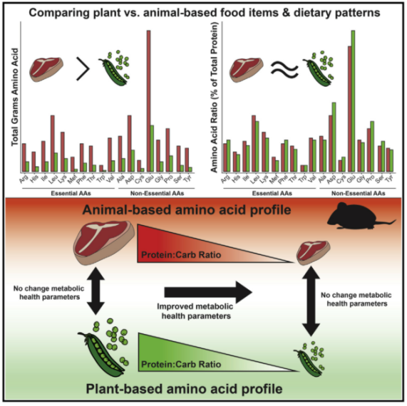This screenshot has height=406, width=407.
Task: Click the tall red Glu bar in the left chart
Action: pos(149,101)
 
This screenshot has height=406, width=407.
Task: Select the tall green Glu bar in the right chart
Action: pos(353,101)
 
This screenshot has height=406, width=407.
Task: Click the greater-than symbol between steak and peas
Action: pos(83,69)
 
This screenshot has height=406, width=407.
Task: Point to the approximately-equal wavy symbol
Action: pos(284,70)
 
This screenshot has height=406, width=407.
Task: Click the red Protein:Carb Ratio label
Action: pos(181,255)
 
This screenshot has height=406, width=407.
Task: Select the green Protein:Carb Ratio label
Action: pos(181,365)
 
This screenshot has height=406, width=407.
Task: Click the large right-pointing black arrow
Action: pos(208,292)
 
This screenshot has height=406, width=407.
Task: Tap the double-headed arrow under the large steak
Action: pos(96,291)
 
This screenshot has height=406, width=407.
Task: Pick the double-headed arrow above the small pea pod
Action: pos(311,301)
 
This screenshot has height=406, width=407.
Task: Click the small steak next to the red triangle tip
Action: pos(314,252)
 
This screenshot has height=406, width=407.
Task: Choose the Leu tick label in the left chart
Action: pos(53,179)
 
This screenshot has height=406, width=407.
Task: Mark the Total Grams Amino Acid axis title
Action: pos(15,97)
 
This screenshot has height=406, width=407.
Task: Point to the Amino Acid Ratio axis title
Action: pos(214,98)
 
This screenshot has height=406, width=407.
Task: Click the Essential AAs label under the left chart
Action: pos(71,193)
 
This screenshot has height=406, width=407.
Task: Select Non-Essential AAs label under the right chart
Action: pos(359,193)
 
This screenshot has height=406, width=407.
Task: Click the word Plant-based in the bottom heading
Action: pos(124,389)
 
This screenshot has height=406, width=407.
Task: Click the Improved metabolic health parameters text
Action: pos(195,311)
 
